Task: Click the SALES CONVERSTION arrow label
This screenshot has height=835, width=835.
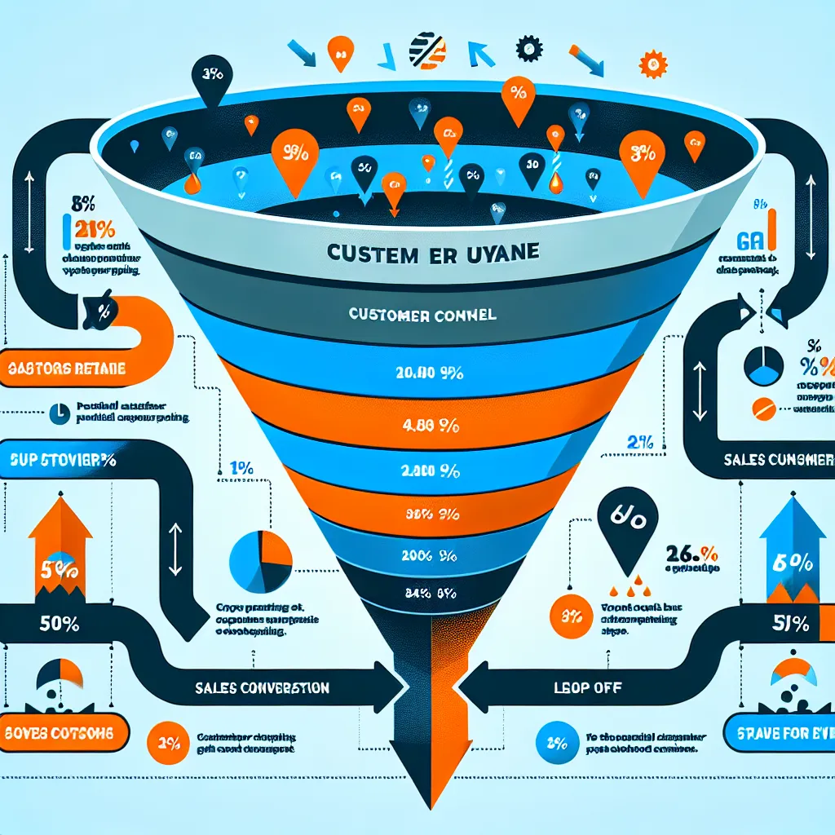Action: (x=273, y=687)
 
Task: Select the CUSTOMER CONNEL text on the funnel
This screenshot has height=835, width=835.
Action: (x=423, y=315)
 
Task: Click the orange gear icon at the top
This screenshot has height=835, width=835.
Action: (x=650, y=61)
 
